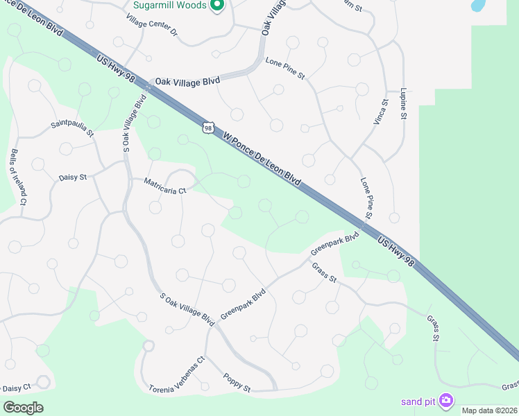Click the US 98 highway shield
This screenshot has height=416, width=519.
coord(207,127)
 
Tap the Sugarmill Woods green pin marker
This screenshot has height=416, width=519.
coord(216,6)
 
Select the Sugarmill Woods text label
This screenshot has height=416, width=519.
coord(169,6)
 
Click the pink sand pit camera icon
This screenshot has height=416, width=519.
coord(445,400)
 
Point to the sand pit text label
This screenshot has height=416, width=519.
coord(418,401)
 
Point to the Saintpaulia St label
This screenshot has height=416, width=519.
coord(72,130)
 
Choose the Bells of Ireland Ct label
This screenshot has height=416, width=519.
coord(17,177)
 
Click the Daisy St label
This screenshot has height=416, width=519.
coord(73,177)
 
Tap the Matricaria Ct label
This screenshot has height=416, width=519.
coord(165,186)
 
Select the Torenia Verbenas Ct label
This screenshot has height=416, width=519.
coord(177,375)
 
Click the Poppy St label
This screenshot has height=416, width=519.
coord(237,382)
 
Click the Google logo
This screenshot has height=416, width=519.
coord(22,407)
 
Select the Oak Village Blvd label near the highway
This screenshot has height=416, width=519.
coord(187,81)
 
